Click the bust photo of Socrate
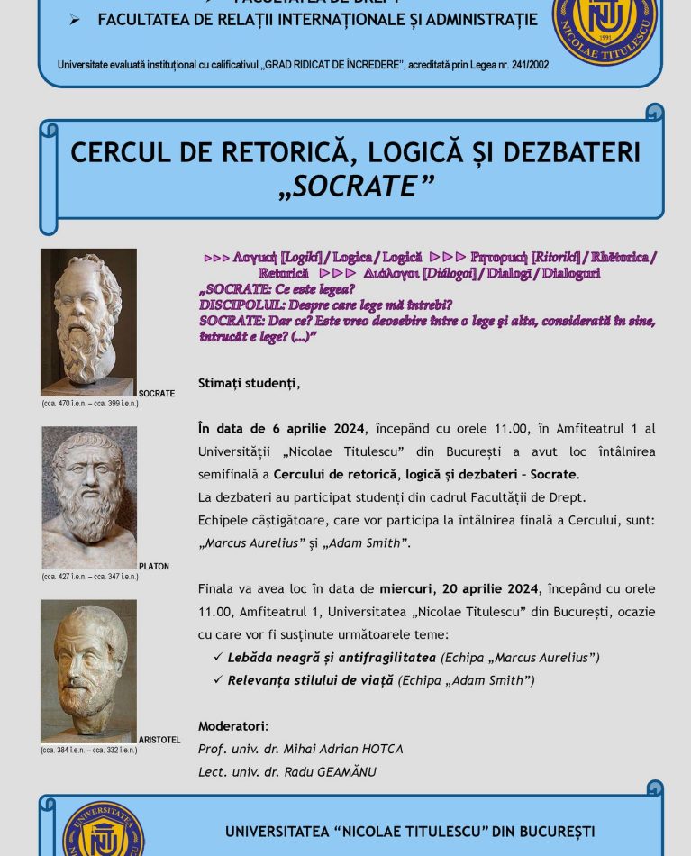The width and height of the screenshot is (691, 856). pos(88,322)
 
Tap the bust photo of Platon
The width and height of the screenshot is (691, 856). pos(89,497)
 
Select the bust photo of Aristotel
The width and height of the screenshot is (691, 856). pos(88,670)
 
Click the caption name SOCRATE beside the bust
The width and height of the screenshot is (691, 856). pos(157,394)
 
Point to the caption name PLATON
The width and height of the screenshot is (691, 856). pos(154,567)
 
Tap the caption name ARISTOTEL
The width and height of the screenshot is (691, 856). pos(159,740)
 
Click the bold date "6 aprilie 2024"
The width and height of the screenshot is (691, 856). pos(306,428)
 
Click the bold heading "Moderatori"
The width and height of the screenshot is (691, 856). pos(232,726)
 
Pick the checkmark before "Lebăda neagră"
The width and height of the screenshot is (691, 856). pos(218,657)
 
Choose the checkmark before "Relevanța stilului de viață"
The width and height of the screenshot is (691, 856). pos(218,679)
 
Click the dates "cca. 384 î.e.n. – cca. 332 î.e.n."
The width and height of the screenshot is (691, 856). pos(89,751)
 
